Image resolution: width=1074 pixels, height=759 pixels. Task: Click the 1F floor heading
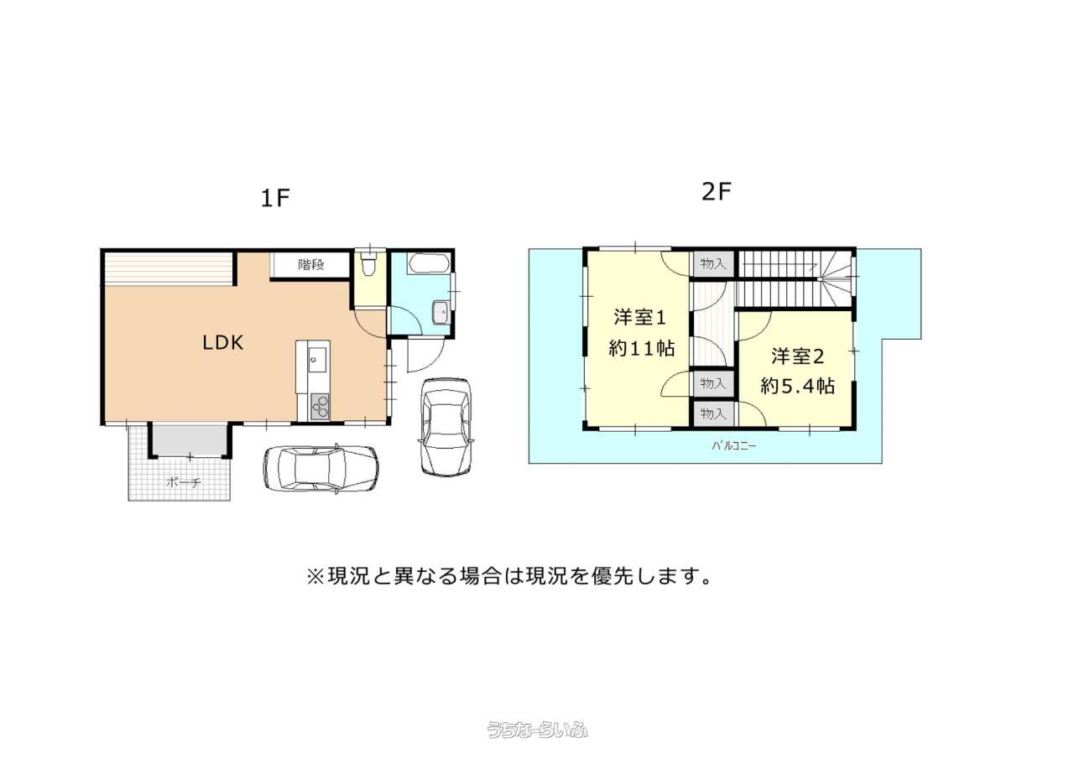pyautogui.click(x=275, y=198)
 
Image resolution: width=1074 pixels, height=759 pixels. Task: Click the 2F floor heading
pyautogui.click(x=717, y=192)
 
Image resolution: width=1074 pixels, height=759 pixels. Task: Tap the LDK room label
pyautogui.click(x=223, y=343)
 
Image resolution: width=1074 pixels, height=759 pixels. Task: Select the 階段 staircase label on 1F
pyautogui.click(x=311, y=264)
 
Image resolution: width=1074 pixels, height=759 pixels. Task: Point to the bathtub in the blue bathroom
pyautogui.click(x=428, y=263)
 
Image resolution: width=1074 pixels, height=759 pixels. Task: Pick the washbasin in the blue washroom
pyautogui.click(x=441, y=313)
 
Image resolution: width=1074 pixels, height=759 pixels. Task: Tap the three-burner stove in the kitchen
pyautogui.click(x=320, y=406)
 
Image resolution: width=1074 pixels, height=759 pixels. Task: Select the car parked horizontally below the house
pyautogui.click(x=321, y=469)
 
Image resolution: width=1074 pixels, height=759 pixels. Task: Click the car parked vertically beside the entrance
pyautogui.click(x=446, y=427)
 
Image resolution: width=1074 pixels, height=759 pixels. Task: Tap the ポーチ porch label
pyautogui.click(x=184, y=482)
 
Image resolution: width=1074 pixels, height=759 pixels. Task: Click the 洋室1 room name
pyautogui.click(x=640, y=318)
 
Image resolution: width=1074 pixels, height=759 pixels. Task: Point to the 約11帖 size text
pyautogui.click(x=642, y=348)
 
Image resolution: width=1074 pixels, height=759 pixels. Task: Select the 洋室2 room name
pyautogui.click(x=797, y=356)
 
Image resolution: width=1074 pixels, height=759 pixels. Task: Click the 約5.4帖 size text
pyautogui.click(x=798, y=386)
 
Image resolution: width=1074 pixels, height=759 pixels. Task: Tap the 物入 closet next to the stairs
pyautogui.click(x=713, y=263)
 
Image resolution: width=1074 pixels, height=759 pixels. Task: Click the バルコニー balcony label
pyautogui.click(x=734, y=446)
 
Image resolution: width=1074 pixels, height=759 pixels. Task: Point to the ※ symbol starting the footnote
pyautogui.click(x=316, y=576)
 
